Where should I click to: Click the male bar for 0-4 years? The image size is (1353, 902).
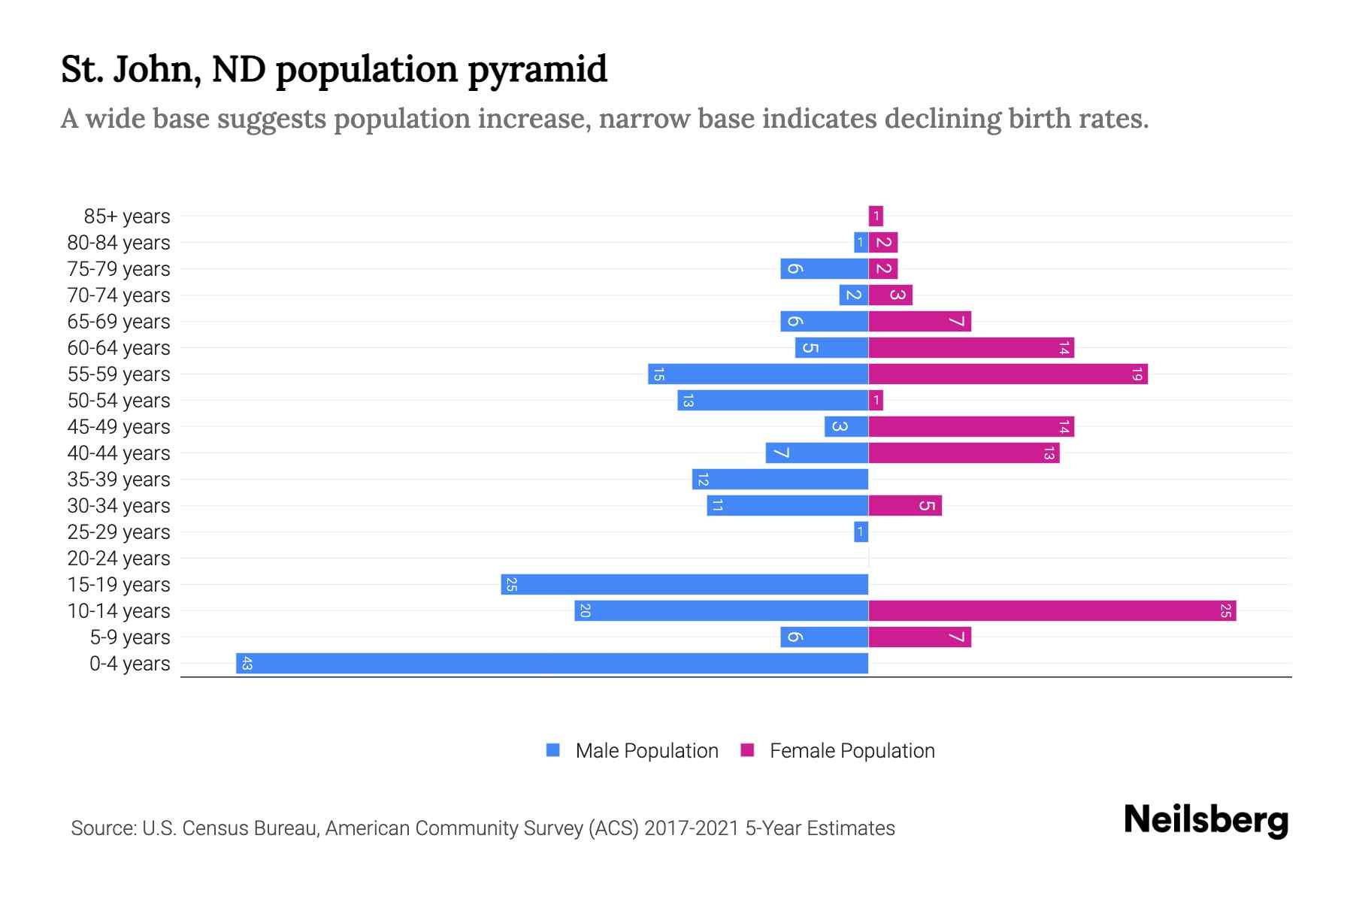[552, 663]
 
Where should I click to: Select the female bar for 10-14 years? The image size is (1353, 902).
[1052, 610]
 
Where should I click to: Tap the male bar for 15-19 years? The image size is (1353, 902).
[685, 584]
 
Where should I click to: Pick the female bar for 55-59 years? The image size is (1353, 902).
[1008, 374]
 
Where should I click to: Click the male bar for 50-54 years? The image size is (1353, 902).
[773, 400]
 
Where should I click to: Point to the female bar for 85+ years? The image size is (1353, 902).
[876, 216]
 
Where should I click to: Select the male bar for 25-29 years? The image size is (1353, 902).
[861, 531]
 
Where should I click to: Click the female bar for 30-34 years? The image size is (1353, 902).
[905, 505]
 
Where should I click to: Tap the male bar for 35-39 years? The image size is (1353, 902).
[780, 479]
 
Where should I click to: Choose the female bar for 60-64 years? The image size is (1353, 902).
[971, 347]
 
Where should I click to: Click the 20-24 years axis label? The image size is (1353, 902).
[119, 558]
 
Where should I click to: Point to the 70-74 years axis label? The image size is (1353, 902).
[119, 295]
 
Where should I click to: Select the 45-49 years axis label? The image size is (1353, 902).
[119, 427]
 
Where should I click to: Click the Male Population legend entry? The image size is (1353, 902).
[646, 750]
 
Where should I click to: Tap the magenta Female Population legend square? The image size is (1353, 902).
[747, 750]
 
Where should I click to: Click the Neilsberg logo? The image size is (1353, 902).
[1206, 820]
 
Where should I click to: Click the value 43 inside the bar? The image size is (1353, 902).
[247, 663]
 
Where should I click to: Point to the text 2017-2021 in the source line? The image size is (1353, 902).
[691, 828]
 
